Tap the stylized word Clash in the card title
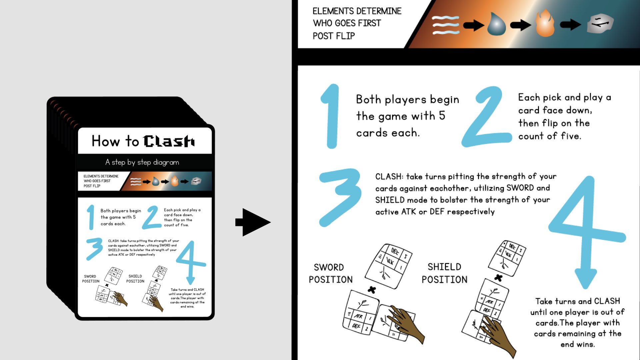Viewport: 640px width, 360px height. [169, 141]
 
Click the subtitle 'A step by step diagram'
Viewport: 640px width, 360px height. [142, 162]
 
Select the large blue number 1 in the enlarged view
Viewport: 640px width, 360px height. [331, 116]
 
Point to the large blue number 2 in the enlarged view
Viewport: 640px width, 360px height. [487, 117]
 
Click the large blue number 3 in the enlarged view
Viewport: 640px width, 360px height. [340, 197]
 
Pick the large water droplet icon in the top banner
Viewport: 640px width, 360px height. [496, 24]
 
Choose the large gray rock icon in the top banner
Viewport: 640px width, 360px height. [600, 23]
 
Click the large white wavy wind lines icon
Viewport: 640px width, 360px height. [446, 25]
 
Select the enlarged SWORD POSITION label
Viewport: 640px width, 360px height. [330, 273]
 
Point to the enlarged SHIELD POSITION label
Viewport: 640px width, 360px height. [444, 273]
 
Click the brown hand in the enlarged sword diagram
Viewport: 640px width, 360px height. [407, 323]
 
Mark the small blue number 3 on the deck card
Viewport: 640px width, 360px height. [95, 248]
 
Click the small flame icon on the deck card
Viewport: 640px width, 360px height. [175, 181]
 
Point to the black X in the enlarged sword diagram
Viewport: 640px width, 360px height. [372, 290]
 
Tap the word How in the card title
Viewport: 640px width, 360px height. [106, 141]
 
